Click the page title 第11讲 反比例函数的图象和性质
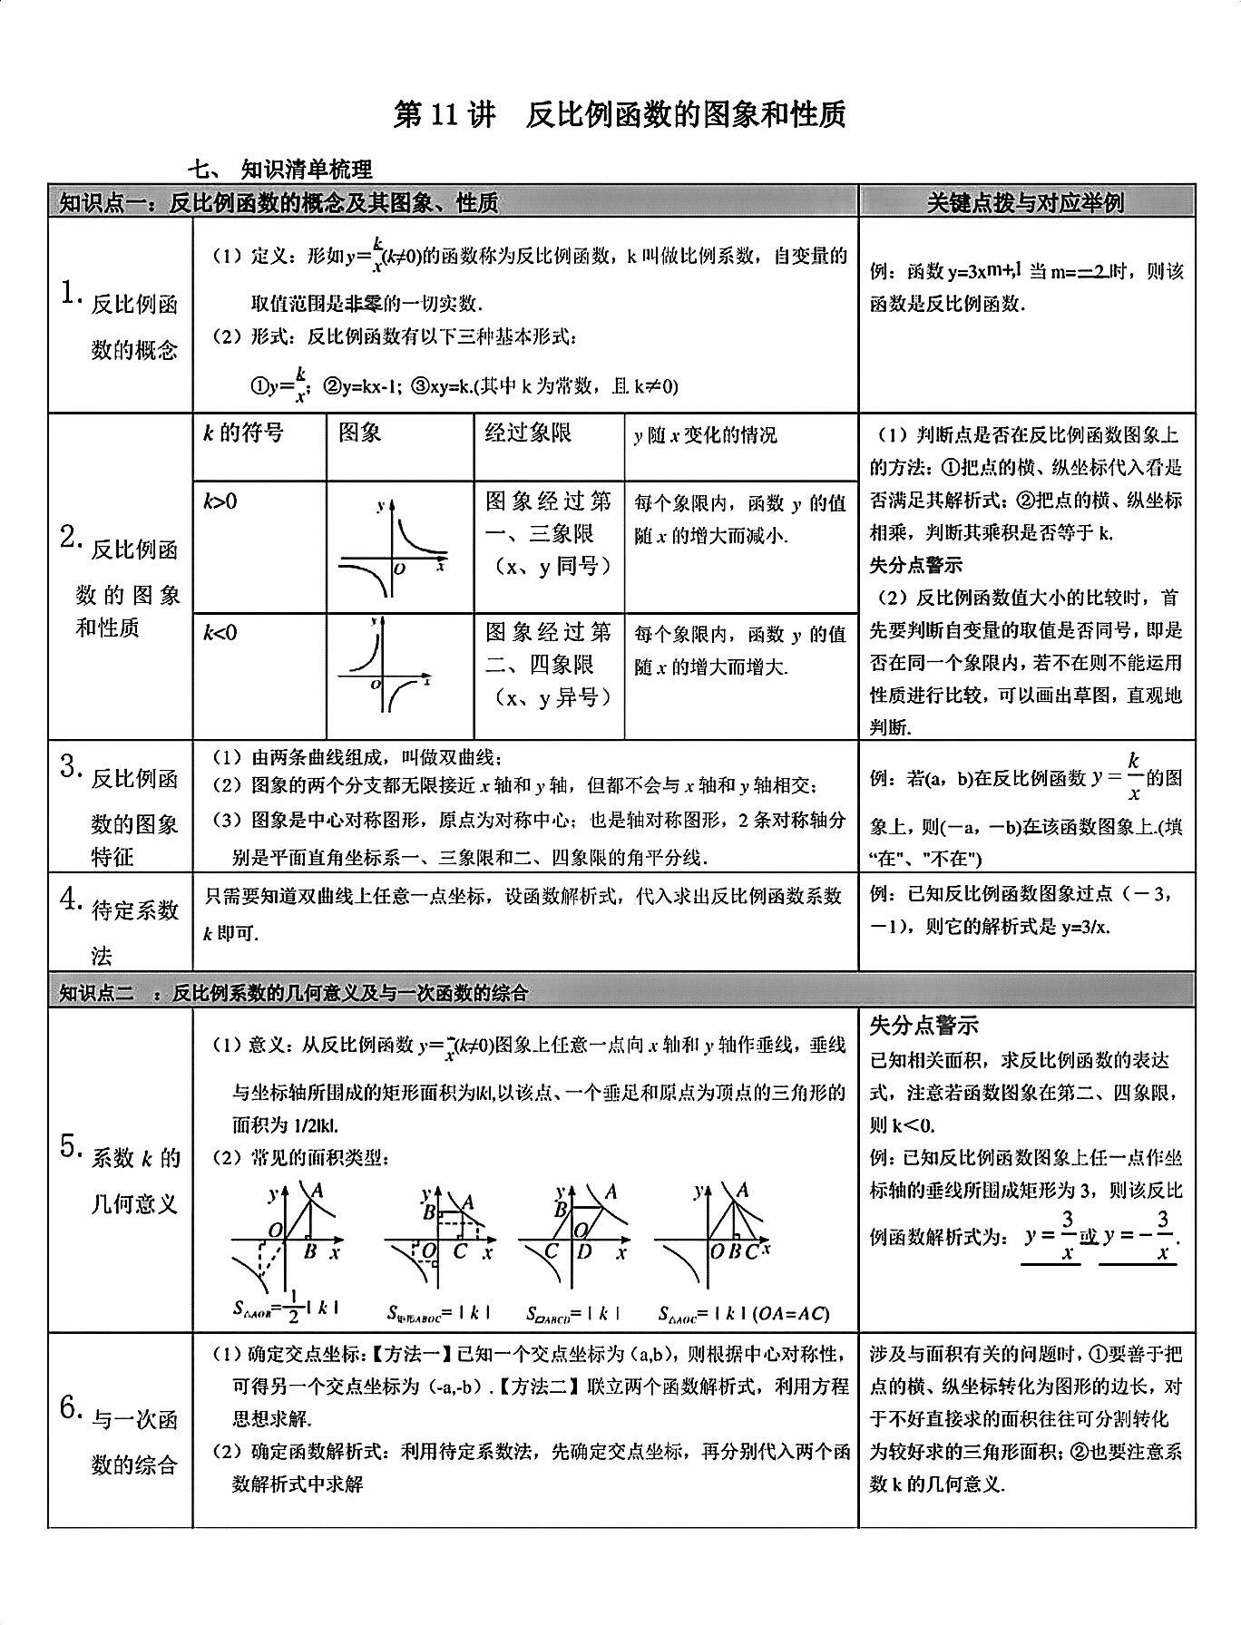point(620,114)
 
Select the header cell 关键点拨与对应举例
point(1025,202)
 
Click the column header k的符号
point(242,433)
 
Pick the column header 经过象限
point(528,433)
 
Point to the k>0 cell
point(220,501)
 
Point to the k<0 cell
point(220,632)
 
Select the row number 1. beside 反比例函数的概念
point(69,293)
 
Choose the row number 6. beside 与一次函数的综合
point(71,1408)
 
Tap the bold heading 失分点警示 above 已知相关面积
point(923,1026)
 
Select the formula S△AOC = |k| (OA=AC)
point(744,1312)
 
